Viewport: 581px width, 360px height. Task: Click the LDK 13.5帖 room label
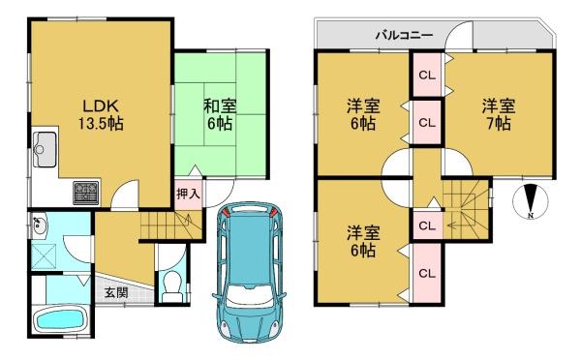[101, 115]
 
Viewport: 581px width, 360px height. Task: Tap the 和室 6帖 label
[220, 115]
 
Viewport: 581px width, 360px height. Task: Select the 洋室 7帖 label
[499, 115]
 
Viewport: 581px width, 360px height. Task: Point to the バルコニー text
[404, 36]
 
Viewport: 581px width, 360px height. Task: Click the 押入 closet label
[189, 194]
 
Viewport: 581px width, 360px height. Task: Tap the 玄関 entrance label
[116, 293]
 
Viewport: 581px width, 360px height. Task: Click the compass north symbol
[531, 202]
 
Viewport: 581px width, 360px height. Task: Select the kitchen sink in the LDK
[45, 149]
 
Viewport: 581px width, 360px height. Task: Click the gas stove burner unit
[86, 193]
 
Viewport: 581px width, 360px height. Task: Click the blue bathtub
[59, 319]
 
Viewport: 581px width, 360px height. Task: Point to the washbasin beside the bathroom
[39, 225]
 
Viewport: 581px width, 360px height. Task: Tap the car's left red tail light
[226, 212]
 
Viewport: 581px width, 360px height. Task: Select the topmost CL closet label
[427, 75]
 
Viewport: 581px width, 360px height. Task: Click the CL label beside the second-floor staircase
[427, 225]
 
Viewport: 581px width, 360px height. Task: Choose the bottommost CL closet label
[427, 274]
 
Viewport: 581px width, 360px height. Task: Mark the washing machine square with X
[43, 255]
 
